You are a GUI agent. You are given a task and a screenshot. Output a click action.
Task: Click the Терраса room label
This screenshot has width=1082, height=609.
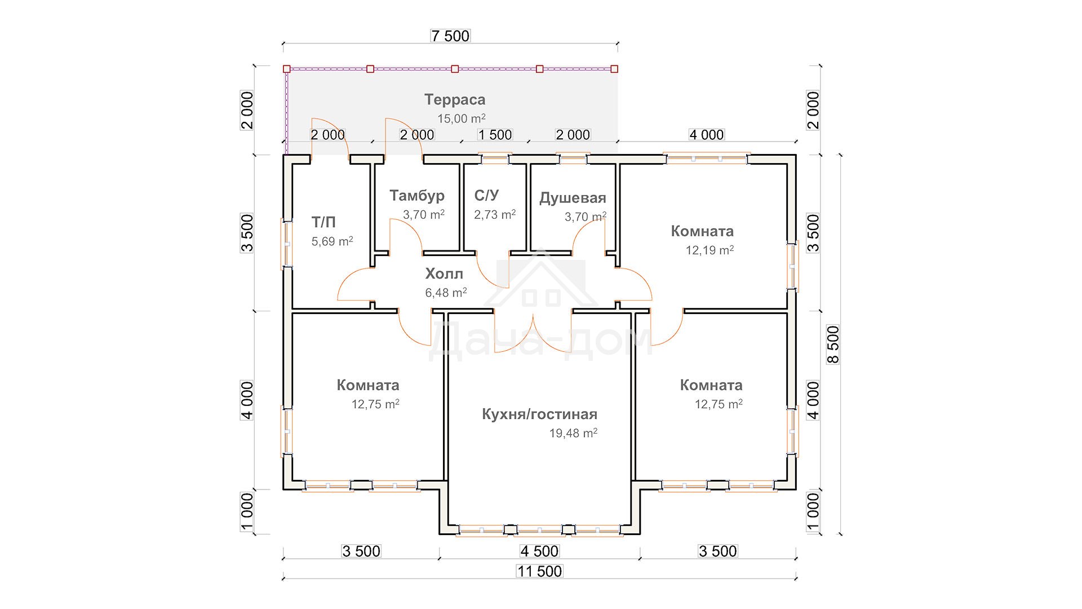click(455, 100)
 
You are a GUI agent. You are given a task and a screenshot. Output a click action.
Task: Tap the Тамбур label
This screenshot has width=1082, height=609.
click(417, 196)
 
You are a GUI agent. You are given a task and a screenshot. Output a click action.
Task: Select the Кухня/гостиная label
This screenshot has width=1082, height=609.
click(539, 414)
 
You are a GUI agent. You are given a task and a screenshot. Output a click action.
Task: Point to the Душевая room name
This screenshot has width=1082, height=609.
click(573, 198)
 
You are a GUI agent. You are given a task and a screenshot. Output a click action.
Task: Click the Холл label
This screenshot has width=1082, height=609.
click(444, 274)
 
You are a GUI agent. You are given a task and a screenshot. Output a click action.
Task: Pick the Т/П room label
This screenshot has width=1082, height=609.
click(323, 223)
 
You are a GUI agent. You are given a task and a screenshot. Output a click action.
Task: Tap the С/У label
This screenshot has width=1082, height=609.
click(486, 196)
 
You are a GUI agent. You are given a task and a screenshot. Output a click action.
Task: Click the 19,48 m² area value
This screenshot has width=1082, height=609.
click(573, 433)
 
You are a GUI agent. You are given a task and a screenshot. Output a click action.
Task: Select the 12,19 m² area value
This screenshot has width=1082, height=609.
click(709, 250)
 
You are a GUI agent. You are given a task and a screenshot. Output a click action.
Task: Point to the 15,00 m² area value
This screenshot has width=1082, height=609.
click(462, 119)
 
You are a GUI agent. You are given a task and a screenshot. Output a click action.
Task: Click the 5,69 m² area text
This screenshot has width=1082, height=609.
click(332, 241)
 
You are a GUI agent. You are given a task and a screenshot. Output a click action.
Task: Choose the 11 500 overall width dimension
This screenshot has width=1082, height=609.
click(539, 571)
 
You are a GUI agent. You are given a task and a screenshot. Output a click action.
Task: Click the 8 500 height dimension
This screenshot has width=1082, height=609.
click(833, 345)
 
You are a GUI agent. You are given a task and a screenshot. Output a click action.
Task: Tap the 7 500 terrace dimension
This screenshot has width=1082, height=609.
click(450, 36)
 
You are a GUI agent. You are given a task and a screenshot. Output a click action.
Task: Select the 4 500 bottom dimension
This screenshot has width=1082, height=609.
click(539, 551)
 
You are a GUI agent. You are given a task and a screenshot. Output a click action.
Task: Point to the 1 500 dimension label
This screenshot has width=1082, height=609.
click(495, 135)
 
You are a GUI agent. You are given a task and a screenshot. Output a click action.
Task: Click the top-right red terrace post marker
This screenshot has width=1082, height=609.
click(614, 69)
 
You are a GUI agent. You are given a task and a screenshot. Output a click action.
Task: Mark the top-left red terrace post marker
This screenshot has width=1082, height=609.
click(286, 69)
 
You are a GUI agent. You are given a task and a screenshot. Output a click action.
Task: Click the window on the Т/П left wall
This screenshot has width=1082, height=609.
click(286, 244)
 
